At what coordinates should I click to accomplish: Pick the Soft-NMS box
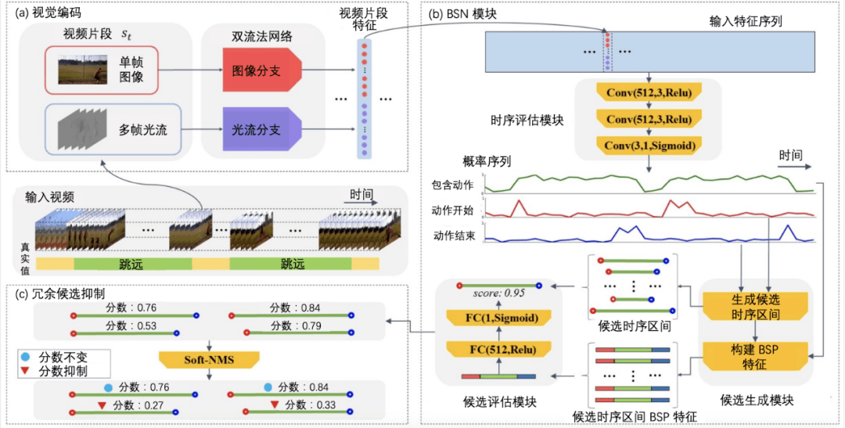point(207,359)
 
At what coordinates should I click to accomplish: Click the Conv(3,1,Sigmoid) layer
point(648,145)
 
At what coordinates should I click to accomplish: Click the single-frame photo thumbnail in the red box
point(83,68)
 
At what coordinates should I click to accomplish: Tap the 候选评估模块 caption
point(498,401)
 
